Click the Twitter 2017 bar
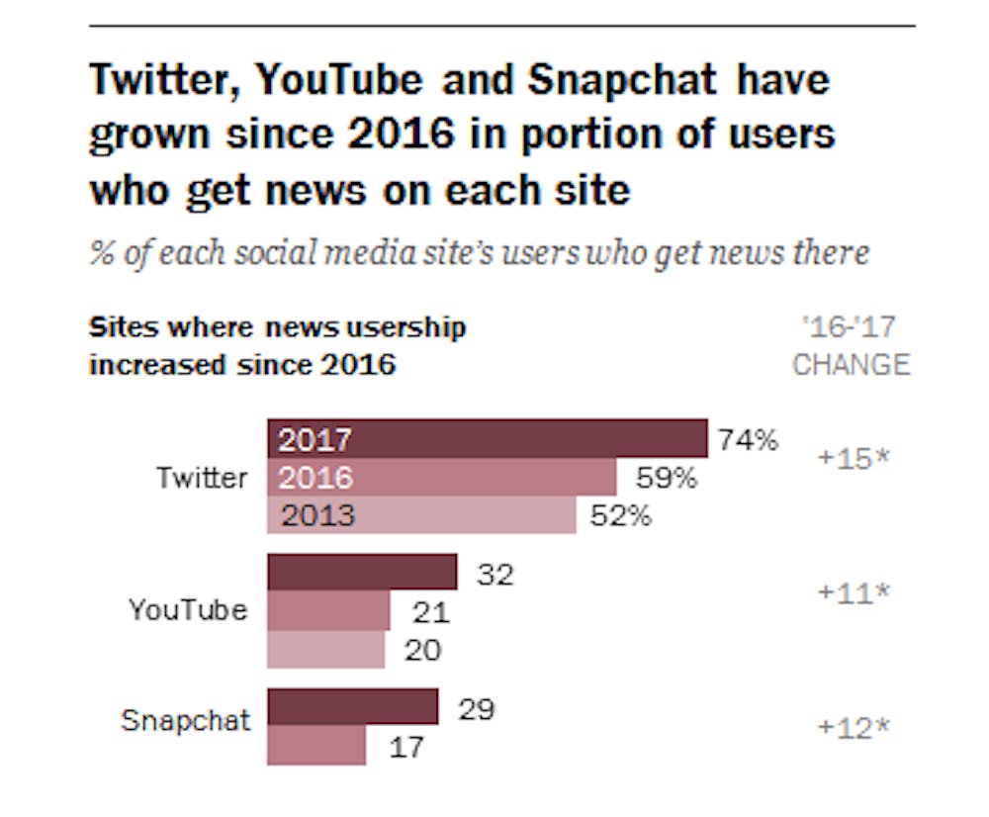coord(487,439)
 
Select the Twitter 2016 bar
coord(442,478)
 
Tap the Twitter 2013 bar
coord(421,515)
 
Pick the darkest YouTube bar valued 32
coord(362,573)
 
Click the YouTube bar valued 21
coord(328,611)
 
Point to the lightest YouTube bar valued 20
coord(326,649)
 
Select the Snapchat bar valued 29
coord(352,707)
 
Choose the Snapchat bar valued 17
coord(316,745)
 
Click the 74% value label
coord(748,440)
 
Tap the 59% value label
coord(666,479)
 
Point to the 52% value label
coord(621,515)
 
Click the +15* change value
coord(854,459)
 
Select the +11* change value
coord(854,592)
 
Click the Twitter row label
coord(202,478)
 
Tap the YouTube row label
coord(188,609)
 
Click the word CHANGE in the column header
coord(851,364)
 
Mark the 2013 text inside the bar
coord(316,515)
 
